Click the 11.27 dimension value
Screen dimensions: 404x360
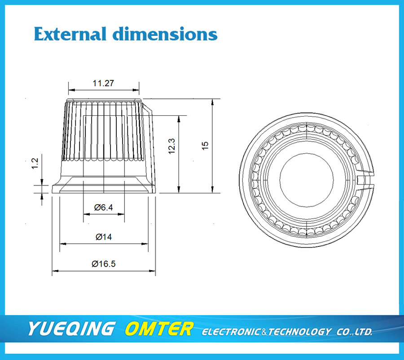pyautogui.click(x=103, y=83)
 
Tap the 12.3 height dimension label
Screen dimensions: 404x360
pyautogui.click(x=171, y=146)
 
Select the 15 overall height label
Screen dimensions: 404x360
pyautogui.click(x=205, y=146)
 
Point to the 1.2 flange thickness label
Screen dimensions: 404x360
pyautogui.click(x=35, y=164)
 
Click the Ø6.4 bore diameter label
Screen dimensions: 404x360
pyautogui.click(x=103, y=207)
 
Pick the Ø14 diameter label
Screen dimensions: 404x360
pyautogui.click(x=104, y=237)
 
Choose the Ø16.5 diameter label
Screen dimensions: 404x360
pyautogui.click(x=104, y=263)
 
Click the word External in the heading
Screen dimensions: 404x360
pyautogui.click(x=70, y=34)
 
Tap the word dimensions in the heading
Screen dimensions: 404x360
pyautogui.click(x=165, y=34)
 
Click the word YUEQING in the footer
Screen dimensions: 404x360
pyautogui.click(x=71, y=329)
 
